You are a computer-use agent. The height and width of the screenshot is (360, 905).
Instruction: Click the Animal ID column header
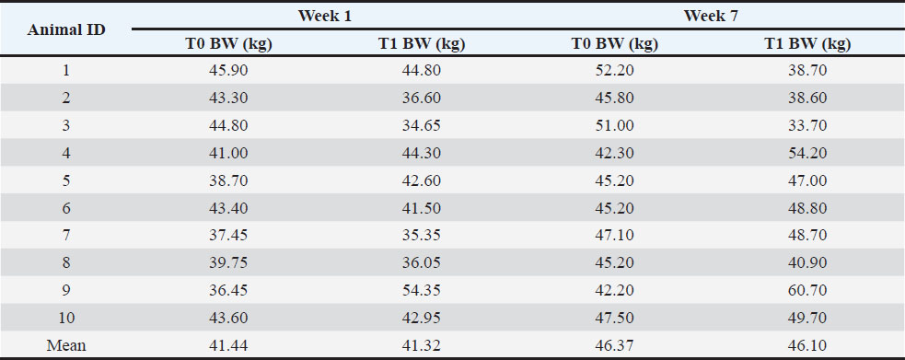pyautogui.click(x=66, y=30)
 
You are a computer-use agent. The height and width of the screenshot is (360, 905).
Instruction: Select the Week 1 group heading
pyautogui.click(x=325, y=16)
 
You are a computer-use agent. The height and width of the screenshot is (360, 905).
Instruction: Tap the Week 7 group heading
pyautogui.click(x=711, y=16)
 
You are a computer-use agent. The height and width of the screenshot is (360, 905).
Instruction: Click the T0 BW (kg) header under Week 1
pyautogui.click(x=228, y=44)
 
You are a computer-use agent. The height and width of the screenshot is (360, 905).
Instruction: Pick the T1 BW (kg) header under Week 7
pyautogui.click(x=807, y=44)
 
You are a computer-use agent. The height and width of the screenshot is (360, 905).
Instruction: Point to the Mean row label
pyautogui.click(x=66, y=345)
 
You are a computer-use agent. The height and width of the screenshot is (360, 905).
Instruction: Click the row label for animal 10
pyautogui.click(x=66, y=318)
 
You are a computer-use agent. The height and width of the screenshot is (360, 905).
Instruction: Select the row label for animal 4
pyautogui.click(x=66, y=153)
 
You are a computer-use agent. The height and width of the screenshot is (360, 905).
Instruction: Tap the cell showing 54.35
pyautogui.click(x=422, y=290)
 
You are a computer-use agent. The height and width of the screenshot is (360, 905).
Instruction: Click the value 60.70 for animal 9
pyautogui.click(x=807, y=290)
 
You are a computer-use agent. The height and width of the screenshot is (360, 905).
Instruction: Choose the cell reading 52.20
pyautogui.click(x=614, y=70)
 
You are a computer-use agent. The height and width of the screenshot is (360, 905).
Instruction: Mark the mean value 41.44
pyautogui.click(x=228, y=345)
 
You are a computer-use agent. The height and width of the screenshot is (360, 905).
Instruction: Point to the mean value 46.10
pyautogui.click(x=807, y=345)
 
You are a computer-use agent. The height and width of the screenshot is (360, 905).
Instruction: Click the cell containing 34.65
pyautogui.click(x=422, y=125)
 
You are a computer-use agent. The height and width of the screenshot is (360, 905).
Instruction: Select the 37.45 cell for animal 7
pyautogui.click(x=228, y=236)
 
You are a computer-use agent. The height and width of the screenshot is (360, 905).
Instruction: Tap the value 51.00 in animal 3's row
pyautogui.click(x=614, y=125)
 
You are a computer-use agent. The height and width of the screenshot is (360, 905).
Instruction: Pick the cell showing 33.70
pyautogui.click(x=807, y=125)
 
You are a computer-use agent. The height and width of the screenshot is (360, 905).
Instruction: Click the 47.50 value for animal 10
pyautogui.click(x=614, y=318)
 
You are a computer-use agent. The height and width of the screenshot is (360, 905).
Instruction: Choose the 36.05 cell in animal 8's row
pyautogui.click(x=422, y=263)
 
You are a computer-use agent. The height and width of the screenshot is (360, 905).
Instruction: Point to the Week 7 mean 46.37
pyautogui.click(x=614, y=345)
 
